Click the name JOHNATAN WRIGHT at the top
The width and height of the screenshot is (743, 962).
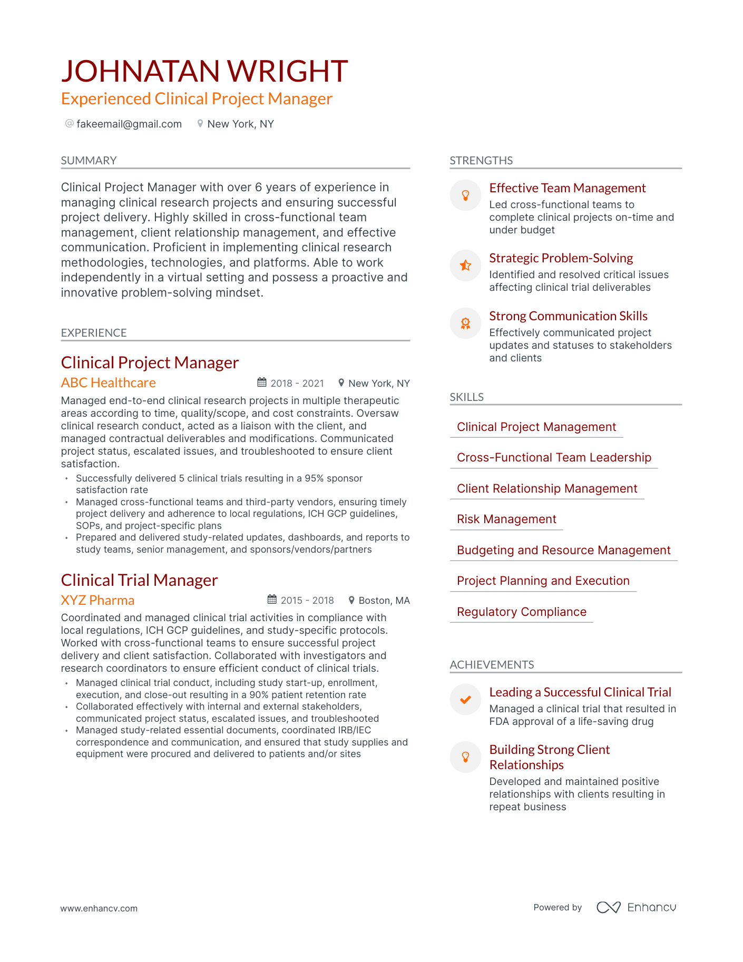pyautogui.click(x=204, y=71)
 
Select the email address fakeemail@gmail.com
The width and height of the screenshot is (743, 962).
pyautogui.click(x=129, y=124)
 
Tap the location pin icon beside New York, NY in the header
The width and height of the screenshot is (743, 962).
pyautogui.click(x=200, y=124)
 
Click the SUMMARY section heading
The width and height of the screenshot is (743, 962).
pyautogui.click(x=89, y=161)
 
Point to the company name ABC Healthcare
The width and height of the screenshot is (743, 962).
pyautogui.click(x=108, y=382)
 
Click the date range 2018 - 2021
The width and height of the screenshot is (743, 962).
pyautogui.click(x=297, y=384)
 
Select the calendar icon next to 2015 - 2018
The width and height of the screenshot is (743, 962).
pyautogui.click(x=272, y=600)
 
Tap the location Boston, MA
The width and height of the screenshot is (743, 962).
pyautogui.click(x=384, y=601)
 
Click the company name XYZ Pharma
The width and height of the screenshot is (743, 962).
pyautogui.click(x=97, y=600)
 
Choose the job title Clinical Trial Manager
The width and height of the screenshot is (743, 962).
pyautogui.click(x=139, y=580)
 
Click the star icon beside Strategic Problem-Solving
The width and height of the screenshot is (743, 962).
pyautogui.click(x=465, y=266)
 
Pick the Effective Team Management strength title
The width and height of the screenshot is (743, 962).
pyautogui.click(x=567, y=188)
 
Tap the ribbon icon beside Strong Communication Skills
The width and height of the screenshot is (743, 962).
pyautogui.click(x=465, y=323)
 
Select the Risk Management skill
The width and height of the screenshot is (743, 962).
pyautogui.click(x=506, y=519)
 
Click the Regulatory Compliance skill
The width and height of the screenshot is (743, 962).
pyautogui.click(x=521, y=612)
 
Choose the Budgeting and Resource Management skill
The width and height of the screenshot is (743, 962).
pyautogui.click(x=563, y=550)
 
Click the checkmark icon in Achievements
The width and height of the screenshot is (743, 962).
pyautogui.click(x=465, y=700)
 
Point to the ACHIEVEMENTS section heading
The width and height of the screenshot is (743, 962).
pyautogui.click(x=492, y=665)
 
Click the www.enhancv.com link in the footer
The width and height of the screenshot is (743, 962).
pyautogui.click(x=99, y=908)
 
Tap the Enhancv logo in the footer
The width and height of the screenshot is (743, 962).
pyautogui.click(x=636, y=907)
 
